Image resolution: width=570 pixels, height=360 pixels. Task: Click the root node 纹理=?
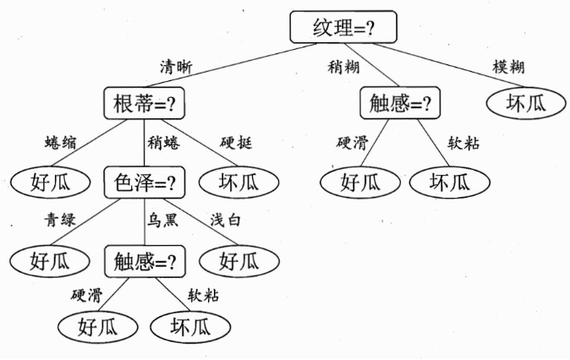343,27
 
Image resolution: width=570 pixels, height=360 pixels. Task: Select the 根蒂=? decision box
145,103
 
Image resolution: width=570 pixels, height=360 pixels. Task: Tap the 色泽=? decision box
145,183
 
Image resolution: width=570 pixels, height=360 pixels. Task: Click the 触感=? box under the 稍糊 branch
400,103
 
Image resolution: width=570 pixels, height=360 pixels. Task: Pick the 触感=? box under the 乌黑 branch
145,262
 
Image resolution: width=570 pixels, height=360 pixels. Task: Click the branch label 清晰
176,68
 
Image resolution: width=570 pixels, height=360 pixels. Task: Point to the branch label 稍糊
343,67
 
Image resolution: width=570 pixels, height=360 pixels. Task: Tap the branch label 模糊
508,67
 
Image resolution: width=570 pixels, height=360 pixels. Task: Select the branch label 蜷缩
61,143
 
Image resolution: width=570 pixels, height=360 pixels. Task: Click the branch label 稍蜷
163,143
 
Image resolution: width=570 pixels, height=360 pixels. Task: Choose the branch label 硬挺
236,143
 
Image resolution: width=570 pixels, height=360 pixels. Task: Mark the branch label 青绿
60,221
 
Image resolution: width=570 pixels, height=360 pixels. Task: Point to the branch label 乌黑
162,221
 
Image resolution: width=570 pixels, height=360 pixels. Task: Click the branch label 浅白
226,221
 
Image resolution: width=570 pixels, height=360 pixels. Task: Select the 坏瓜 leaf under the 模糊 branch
526,103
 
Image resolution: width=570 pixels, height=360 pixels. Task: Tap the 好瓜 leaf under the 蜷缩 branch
50,183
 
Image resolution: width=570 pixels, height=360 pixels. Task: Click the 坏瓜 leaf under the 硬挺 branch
238,183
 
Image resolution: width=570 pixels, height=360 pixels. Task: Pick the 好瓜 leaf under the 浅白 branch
239,261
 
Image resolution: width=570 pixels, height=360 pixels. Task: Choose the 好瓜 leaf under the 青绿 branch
49,261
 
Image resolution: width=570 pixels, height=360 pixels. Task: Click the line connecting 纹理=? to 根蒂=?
232,65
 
